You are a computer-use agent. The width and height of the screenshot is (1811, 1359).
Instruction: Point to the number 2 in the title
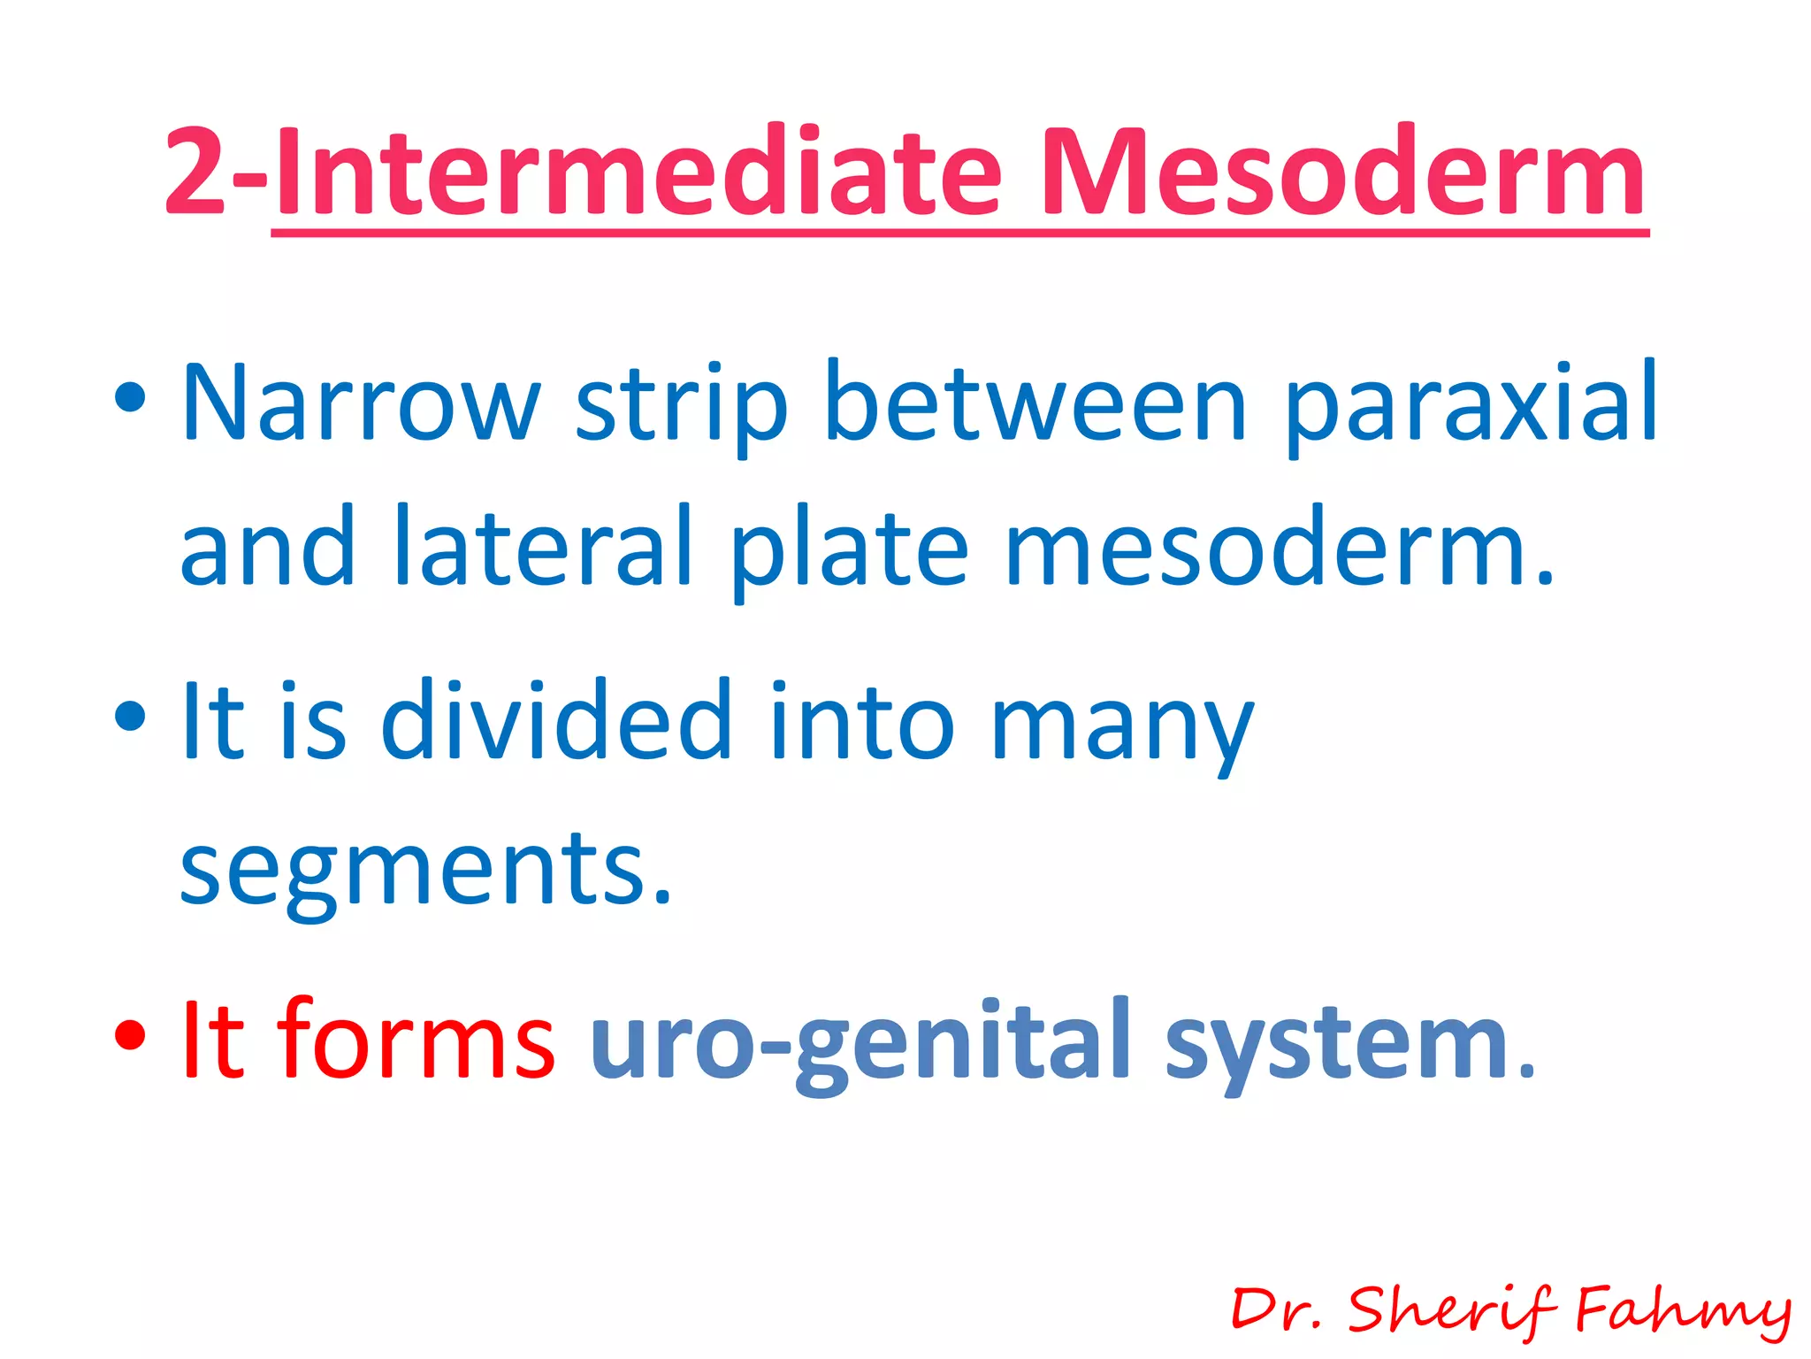pyautogui.click(x=195, y=173)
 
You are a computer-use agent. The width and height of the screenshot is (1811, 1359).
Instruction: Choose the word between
pyautogui.click(x=1035, y=403)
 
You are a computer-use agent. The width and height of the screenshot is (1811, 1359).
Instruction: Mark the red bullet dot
pyautogui.click(x=130, y=1033)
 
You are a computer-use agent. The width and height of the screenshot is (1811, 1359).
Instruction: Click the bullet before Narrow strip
pyautogui.click(x=130, y=397)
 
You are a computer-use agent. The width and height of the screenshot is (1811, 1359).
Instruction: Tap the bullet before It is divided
pyautogui.click(x=130, y=715)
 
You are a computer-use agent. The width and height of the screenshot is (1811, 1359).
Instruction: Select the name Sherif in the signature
pyautogui.click(x=1451, y=1309)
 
